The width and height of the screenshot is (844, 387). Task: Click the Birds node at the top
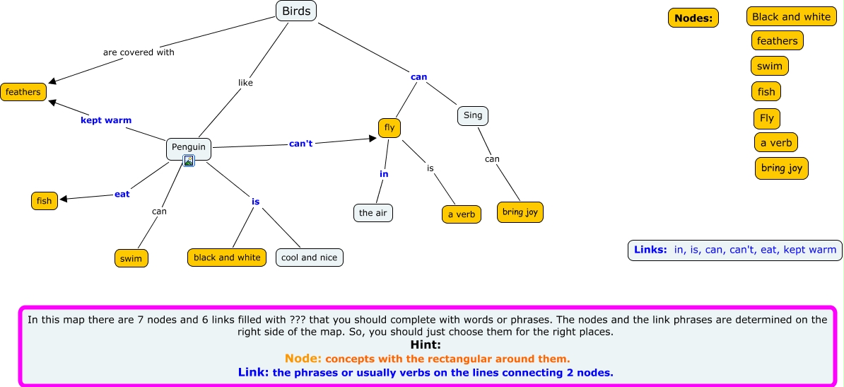click(296, 11)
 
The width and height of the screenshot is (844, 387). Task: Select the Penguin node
click(189, 147)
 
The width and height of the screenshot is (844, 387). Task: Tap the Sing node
click(473, 115)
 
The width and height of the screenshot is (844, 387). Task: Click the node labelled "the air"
click(373, 213)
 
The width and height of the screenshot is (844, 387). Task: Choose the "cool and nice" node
click(309, 258)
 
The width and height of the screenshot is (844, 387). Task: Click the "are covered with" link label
click(139, 52)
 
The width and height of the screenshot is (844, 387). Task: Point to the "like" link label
click(245, 83)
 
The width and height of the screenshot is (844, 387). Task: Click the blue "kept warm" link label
click(106, 120)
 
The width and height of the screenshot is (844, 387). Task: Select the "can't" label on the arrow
click(301, 144)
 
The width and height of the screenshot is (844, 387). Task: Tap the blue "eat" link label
click(122, 194)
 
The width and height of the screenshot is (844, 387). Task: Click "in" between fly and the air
click(384, 174)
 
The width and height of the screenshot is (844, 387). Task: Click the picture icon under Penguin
click(189, 161)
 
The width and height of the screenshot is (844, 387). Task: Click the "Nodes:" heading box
click(693, 18)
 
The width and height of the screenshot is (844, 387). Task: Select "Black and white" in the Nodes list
click(791, 17)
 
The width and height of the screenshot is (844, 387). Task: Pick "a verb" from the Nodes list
click(776, 143)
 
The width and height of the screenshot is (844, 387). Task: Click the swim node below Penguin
click(131, 259)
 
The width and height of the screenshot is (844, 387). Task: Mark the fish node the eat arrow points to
click(45, 201)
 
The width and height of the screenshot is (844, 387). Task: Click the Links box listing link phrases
click(734, 250)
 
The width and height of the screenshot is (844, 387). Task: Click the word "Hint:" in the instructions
click(426, 345)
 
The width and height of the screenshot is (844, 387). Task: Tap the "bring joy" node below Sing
click(520, 212)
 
